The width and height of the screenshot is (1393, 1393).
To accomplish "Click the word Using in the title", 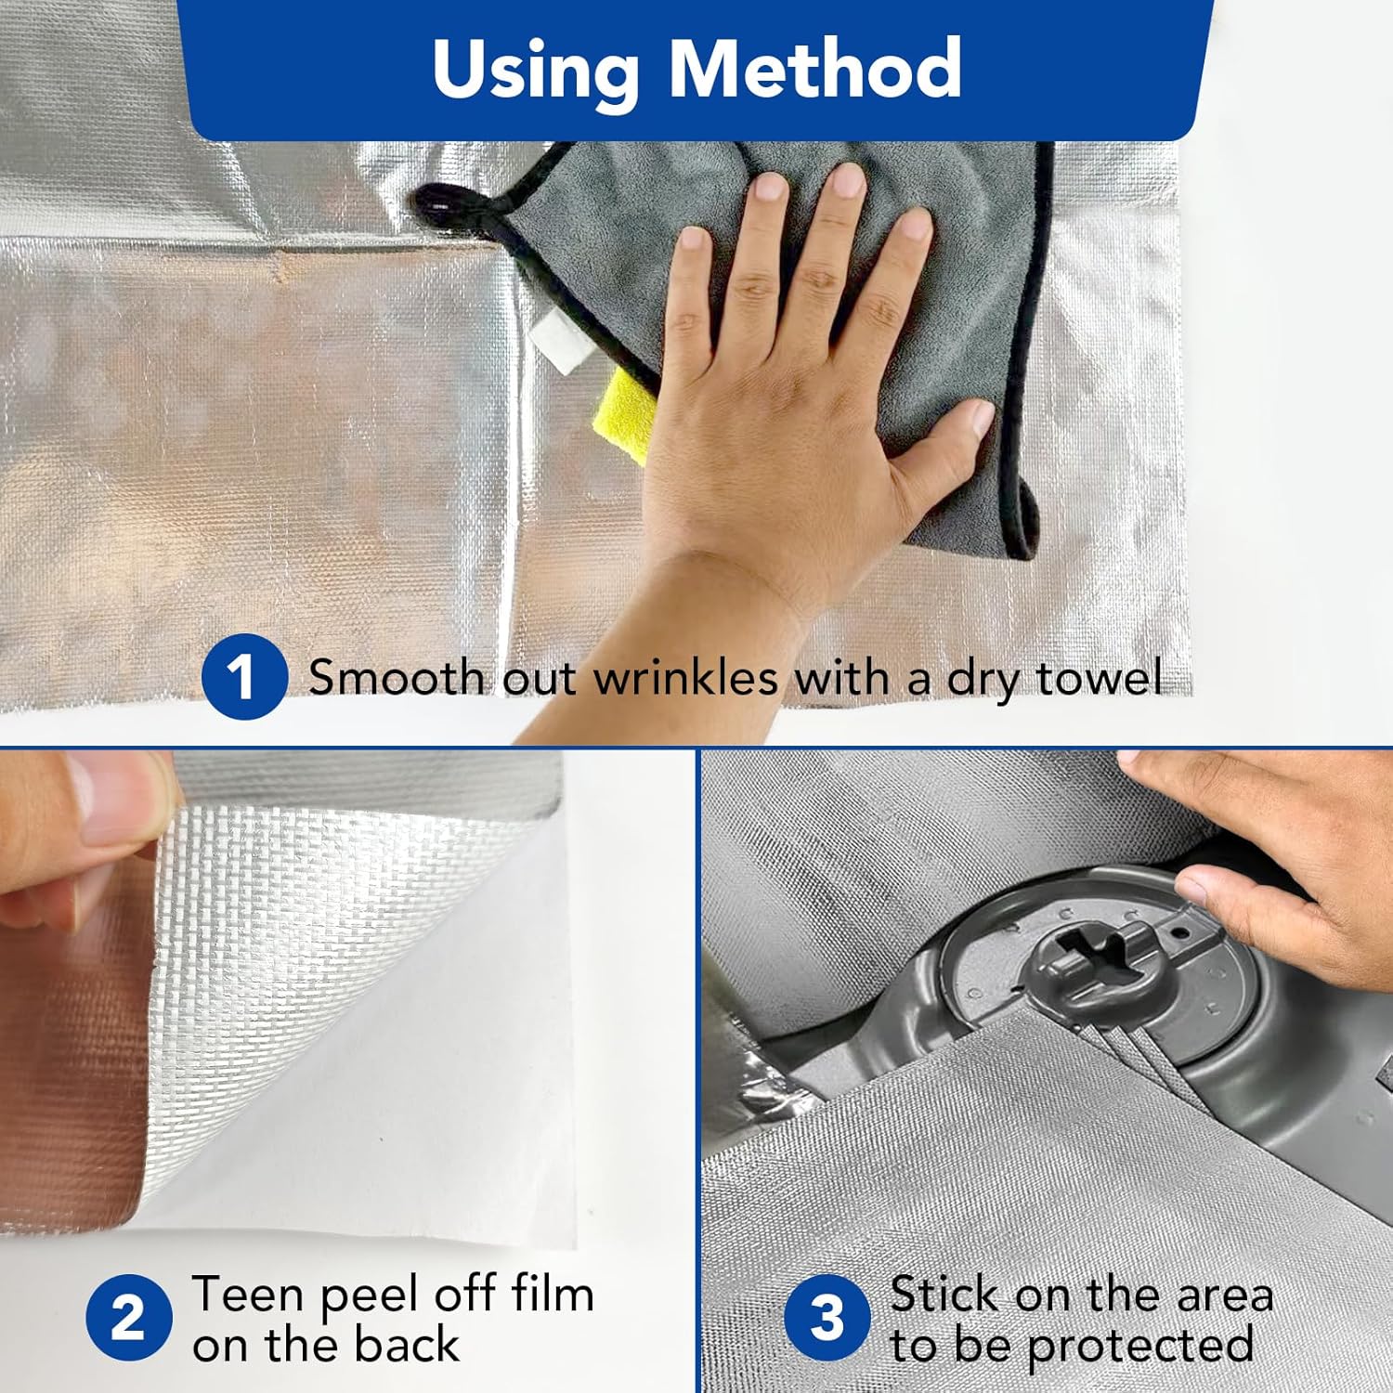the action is pyautogui.click(x=536, y=71).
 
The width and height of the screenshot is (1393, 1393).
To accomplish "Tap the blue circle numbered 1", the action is pyautogui.click(x=243, y=676).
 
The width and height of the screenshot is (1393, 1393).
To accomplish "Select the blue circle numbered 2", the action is pyautogui.click(x=129, y=1318).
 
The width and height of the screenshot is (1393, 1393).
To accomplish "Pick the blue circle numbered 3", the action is pyautogui.click(x=827, y=1318).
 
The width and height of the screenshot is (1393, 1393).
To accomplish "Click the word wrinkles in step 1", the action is pyautogui.click(x=685, y=677).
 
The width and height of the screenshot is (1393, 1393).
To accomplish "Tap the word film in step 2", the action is pyautogui.click(x=552, y=1294).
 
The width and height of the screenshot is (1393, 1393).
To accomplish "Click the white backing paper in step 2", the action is pyautogui.click(x=409, y=1068).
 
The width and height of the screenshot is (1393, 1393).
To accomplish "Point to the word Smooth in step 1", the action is pyautogui.click(x=396, y=677).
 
